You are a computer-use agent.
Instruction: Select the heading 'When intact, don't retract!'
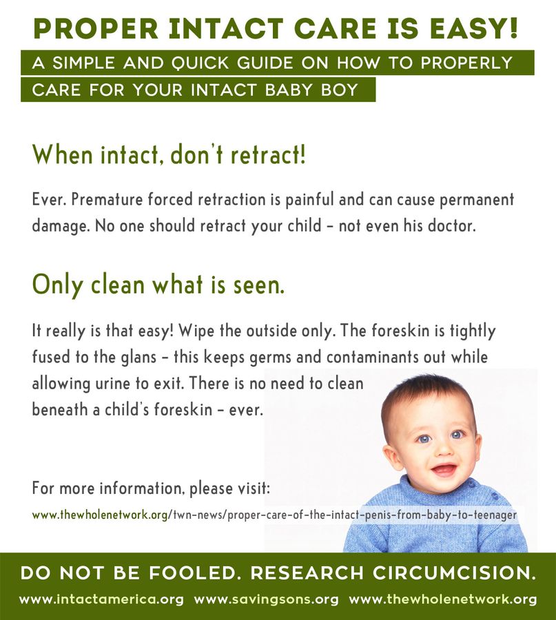click(x=169, y=154)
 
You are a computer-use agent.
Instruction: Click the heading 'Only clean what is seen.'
click(x=158, y=285)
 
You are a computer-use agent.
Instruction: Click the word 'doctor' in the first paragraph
click(x=451, y=225)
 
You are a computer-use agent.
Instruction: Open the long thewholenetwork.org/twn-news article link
click(x=274, y=515)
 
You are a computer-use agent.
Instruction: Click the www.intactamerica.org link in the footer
click(x=101, y=599)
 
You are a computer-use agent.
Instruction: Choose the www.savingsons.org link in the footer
click(x=266, y=599)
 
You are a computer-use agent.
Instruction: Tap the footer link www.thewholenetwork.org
click(x=442, y=599)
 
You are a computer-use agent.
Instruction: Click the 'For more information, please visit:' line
click(x=151, y=488)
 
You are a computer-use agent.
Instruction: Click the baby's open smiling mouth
click(x=444, y=470)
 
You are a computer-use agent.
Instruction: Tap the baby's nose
click(x=442, y=448)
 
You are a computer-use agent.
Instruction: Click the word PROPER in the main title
click(x=96, y=28)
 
